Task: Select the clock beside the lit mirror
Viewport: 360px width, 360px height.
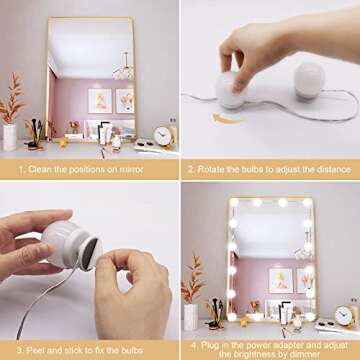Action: [x=343, y=315]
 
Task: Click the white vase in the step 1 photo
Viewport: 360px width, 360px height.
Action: [x=10, y=138]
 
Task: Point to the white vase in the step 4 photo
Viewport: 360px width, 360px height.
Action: [x=190, y=317]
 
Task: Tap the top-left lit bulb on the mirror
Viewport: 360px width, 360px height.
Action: [x=237, y=203]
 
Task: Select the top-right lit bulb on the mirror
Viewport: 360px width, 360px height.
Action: [x=306, y=203]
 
